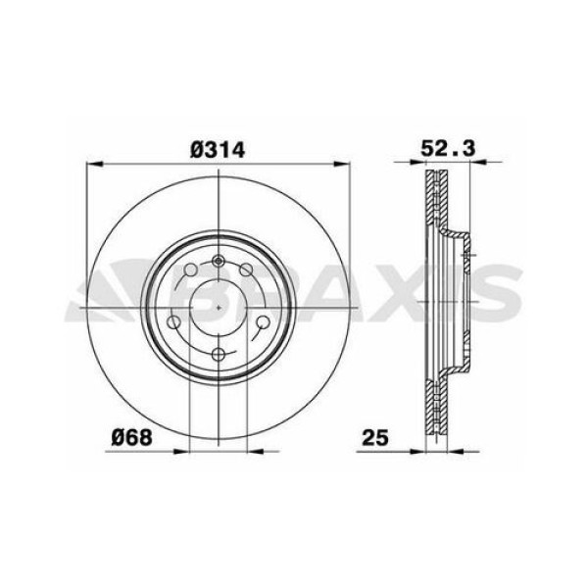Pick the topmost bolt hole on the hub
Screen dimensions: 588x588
(x=219, y=263)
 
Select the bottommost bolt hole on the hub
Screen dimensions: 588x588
(x=219, y=355)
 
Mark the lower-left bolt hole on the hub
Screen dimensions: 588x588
(x=175, y=323)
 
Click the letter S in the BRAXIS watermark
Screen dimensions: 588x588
(x=495, y=294)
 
